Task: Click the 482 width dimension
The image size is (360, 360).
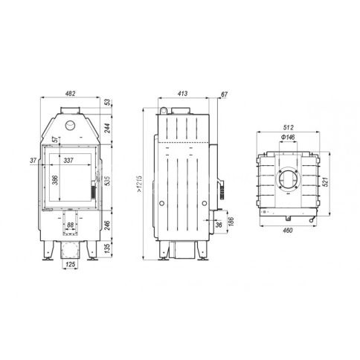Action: click(x=70, y=94)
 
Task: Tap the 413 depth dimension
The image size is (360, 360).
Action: click(x=183, y=94)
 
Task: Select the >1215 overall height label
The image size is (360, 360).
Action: click(x=140, y=184)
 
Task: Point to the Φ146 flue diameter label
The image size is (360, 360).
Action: click(x=288, y=137)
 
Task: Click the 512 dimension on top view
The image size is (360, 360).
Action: click(x=288, y=127)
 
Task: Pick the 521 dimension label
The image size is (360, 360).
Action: click(x=326, y=181)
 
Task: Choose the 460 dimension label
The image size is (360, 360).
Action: click(x=288, y=231)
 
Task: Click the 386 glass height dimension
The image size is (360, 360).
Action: click(x=55, y=180)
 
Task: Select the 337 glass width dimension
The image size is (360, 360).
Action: click(x=68, y=161)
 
